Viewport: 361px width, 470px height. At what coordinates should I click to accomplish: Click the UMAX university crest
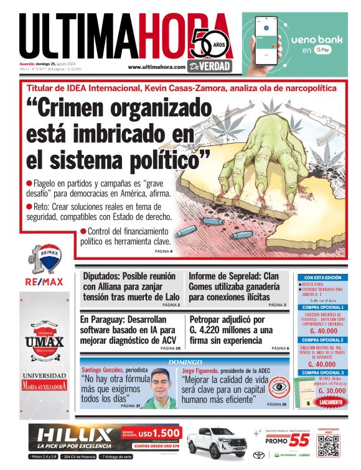(x=44, y=340)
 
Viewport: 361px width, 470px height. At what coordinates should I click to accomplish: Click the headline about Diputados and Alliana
(x=131, y=286)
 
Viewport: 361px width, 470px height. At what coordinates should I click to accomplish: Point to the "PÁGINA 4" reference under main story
(x=163, y=251)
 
